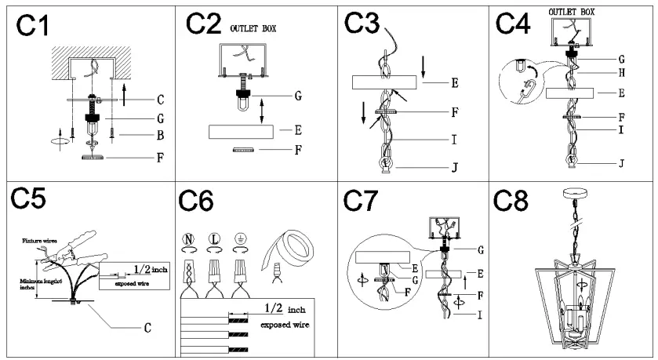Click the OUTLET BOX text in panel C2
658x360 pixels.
253,29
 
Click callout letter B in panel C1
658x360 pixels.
159,136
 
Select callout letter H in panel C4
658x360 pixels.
621,73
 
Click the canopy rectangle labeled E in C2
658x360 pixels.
242,131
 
